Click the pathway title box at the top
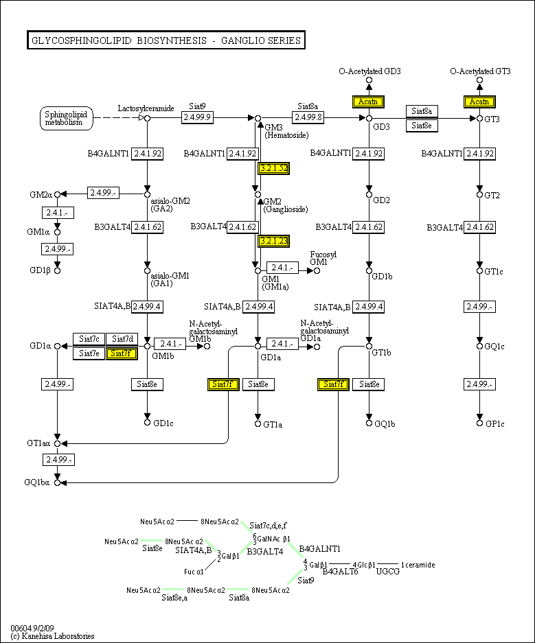[x=166, y=40]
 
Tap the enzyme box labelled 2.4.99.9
[x=197, y=118]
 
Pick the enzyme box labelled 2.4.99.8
[x=308, y=118]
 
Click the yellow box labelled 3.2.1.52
[x=273, y=167]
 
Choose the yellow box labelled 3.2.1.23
[x=273, y=241]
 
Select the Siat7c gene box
[x=89, y=339]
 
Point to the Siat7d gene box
[x=122, y=339]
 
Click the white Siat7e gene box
[x=89, y=353]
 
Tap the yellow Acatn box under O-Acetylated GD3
[x=368, y=102]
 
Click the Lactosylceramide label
[x=146, y=108]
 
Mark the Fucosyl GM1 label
[x=319, y=258]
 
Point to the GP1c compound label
[x=495, y=423]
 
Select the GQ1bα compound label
[x=37, y=482]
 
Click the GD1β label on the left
[x=40, y=270]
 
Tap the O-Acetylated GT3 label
[x=480, y=71]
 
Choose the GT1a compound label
[x=273, y=424]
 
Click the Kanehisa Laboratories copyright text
[x=52, y=636]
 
